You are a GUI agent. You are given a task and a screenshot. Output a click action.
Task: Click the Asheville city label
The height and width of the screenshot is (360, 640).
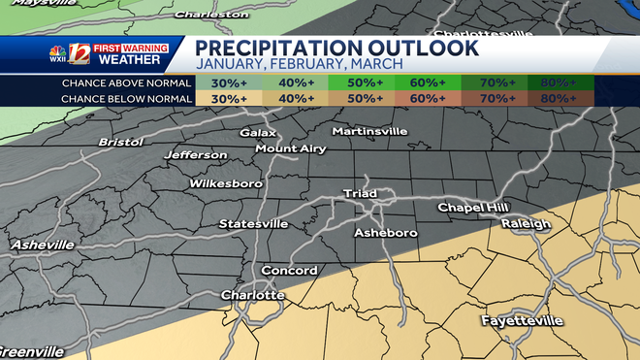pos(42,245)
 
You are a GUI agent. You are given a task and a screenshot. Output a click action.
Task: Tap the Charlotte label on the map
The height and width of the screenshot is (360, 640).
pos(252,294)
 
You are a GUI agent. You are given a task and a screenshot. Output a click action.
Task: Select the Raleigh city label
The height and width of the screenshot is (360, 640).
pos(526,224)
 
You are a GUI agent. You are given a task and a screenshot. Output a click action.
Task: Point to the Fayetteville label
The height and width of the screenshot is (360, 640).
pos(522,319)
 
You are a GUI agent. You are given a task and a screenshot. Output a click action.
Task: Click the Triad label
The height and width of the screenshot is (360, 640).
pos(360,194)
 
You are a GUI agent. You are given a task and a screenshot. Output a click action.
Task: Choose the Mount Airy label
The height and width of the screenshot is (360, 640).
pos(291,148)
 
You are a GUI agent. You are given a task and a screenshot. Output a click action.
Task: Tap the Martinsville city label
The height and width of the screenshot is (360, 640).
pos(372,130)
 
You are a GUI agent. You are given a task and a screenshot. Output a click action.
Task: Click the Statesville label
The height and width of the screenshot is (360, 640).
pos(253,223)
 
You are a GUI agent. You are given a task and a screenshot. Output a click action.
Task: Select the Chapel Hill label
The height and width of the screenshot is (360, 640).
pos(473,207)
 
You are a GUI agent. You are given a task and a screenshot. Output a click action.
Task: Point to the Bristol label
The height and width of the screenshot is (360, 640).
pos(120,142)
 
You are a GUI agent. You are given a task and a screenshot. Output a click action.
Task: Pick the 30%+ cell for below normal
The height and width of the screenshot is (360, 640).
pos(228,98)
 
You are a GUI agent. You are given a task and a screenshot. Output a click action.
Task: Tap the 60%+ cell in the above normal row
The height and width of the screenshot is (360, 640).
pos(428,82)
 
